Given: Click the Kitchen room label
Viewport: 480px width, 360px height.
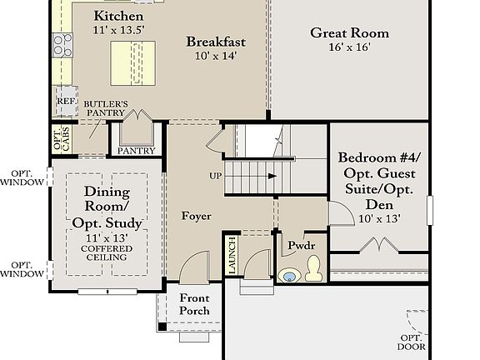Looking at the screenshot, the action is point(118,16).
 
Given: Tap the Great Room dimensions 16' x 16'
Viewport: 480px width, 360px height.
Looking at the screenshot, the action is point(350,47).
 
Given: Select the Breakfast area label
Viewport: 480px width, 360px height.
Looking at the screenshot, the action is point(216,42).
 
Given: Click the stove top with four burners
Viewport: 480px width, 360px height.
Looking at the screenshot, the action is point(62,45).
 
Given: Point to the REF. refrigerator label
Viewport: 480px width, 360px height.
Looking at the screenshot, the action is point(67,101).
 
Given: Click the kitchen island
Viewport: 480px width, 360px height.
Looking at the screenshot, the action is point(132,63).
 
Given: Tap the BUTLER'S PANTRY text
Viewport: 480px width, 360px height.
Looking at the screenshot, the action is point(106,108).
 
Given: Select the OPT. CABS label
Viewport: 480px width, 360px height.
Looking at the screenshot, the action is point(62,138).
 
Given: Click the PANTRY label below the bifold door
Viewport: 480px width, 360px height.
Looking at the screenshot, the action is point(136,151).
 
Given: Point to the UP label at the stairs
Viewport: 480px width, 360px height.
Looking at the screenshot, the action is point(216,176).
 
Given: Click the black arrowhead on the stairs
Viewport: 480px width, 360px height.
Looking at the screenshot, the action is point(272,176).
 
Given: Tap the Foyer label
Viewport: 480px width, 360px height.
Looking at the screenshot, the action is point(196,216).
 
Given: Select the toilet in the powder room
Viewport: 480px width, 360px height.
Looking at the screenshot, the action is point(314,268).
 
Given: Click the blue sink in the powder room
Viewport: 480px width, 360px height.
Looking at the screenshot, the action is point(289,277).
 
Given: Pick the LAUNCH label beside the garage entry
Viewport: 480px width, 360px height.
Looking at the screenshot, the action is point(232,255).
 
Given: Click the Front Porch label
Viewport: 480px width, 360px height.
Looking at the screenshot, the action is point(194,304).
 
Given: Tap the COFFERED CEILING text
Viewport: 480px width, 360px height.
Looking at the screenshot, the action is point(107,252).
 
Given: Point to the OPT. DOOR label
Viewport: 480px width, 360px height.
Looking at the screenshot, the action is point(412,342).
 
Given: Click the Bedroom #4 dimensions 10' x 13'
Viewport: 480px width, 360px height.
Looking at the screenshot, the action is point(380,218).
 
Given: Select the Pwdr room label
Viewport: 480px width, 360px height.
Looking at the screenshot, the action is point(301,245).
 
